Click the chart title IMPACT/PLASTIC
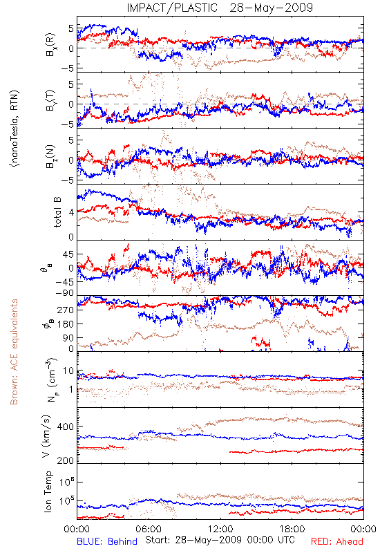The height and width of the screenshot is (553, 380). click(172, 8)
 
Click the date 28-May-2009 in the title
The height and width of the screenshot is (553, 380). click(271, 8)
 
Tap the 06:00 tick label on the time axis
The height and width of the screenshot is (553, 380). click(149, 529)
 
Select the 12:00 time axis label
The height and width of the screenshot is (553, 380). click(220, 529)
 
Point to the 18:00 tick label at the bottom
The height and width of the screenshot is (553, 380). click(292, 529)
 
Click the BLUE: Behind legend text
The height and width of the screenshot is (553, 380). click(107, 541)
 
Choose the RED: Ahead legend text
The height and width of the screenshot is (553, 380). click(336, 541)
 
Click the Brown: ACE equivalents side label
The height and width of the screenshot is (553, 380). click(14, 352)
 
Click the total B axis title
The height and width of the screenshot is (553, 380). click(57, 212)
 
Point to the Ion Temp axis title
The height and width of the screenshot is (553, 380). click(48, 491)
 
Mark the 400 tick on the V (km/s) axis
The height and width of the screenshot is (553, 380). click(66, 427)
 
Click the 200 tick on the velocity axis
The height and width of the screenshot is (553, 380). click(66, 460)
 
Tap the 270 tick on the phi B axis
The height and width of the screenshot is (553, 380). click(66, 310)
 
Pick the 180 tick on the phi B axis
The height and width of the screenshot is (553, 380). click(66, 324)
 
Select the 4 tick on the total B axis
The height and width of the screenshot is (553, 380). click(72, 213)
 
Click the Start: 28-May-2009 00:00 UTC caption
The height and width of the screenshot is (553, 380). click(220, 540)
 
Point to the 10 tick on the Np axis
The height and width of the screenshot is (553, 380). click(68, 371)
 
